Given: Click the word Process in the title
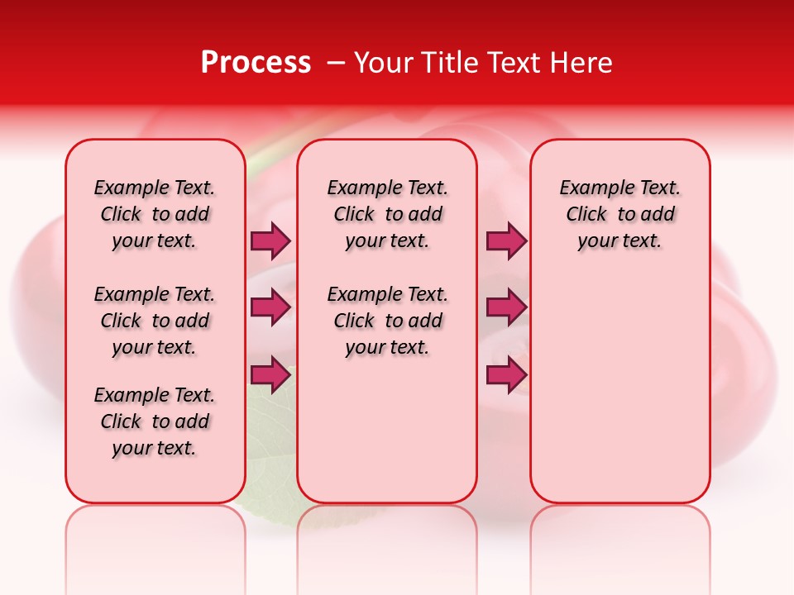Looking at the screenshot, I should (256, 63).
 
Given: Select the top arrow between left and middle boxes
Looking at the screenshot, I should (270, 240).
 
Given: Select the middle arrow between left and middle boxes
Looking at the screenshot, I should (270, 307).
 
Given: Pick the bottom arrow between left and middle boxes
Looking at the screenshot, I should (270, 374).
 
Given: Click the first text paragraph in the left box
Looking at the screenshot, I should (155, 214).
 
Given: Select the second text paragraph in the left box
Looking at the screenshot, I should (155, 321).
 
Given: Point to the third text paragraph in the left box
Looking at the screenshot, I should (155, 421).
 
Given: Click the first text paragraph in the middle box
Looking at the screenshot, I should (388, 214).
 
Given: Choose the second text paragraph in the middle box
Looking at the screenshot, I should (388, 321).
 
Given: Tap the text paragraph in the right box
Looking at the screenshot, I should (620, 214).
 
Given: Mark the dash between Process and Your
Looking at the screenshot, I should (336, 63).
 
